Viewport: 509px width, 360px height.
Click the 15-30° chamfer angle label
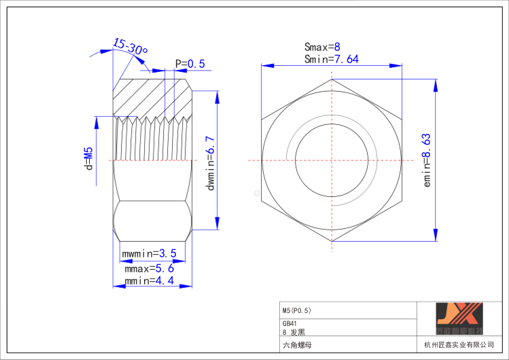pyautogui.click(x=130, y=48)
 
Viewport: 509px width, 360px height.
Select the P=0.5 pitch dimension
pyautogui.click(x=190, y=64)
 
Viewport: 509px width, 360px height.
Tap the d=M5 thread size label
pyautogui.click(x=88, y=158)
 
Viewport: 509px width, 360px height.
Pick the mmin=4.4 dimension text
pyautogui.click(x=149, y=281)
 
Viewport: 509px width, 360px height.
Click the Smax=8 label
pyautogui.click(x=321, y=47)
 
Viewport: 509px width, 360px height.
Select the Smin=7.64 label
pyautogui.click(x=331, y=59)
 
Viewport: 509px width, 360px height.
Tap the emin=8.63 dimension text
pyautogui.click(x=427, y=160)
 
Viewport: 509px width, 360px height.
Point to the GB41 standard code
pyautogui.click(x=289, y=324)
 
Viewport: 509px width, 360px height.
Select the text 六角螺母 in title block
pyautogui.click(x=297, y=345)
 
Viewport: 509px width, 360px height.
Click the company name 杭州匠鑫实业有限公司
pyautogui.click(x=459, y=346)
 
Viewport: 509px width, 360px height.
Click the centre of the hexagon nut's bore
pyautogui.click(x=332, y=160)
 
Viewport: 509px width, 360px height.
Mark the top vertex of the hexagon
pyautogui.click(x=332, y=79)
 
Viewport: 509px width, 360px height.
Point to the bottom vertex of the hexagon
pyautogui.click(x=332, y=241)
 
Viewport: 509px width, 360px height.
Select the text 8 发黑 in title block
pyautogui.click(x=294, y=333)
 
